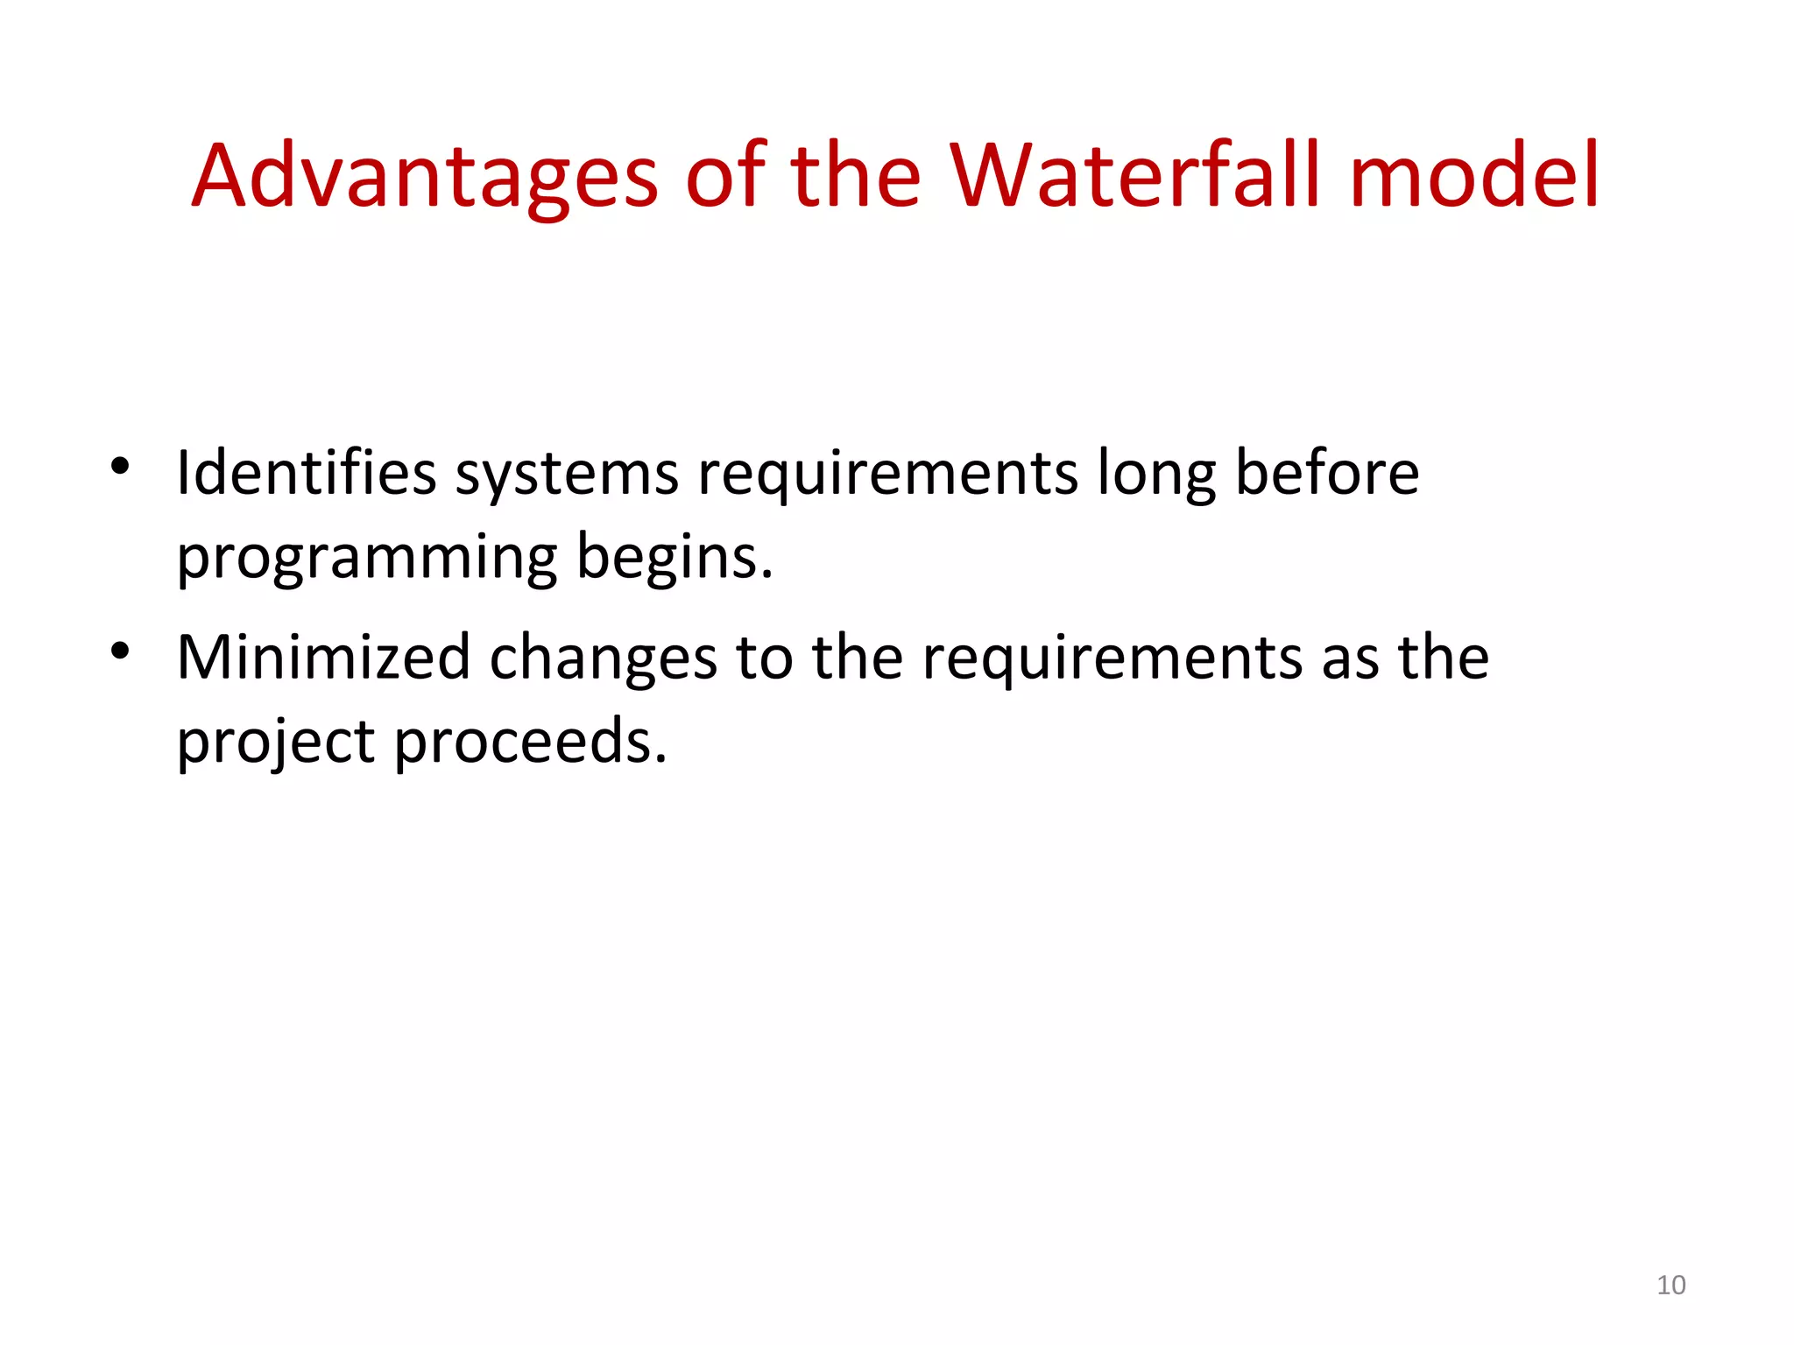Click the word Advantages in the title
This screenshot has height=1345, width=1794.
click(425, 177)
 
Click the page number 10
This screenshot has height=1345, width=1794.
click(1670, 1285)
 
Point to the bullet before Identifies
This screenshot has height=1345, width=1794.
click(120, 466)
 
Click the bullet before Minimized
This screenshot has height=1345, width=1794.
click(120, 651)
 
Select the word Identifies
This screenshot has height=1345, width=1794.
click(306, 473)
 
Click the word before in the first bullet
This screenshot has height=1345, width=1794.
click(1326, 473)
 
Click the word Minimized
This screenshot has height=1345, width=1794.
click(324, 657)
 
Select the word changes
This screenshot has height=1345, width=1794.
click(603, 658)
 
